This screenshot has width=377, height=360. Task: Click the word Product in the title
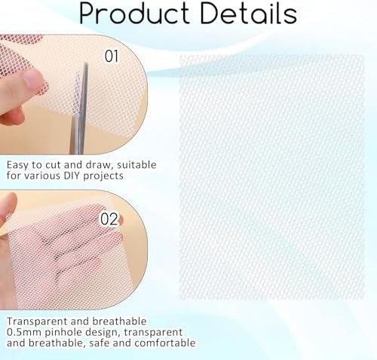[134, 14]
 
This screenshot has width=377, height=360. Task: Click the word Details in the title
[249, 13]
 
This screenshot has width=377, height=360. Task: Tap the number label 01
[112, 56]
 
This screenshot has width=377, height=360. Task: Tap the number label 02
[109, 219]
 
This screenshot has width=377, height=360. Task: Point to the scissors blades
[79, 108]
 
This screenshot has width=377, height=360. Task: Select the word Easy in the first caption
[18, 166]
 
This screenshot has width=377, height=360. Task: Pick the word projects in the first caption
[103, 176]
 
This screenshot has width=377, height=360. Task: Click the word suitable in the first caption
[136, 165]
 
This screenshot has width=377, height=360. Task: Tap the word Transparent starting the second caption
[37, 322]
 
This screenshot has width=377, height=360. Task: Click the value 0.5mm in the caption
[23, 332]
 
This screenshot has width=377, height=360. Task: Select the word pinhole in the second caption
[63, 333]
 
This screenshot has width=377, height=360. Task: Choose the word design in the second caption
[103, 333]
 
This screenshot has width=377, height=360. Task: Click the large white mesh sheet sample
[272, 177]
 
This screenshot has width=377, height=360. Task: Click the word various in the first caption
[45, 175]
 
